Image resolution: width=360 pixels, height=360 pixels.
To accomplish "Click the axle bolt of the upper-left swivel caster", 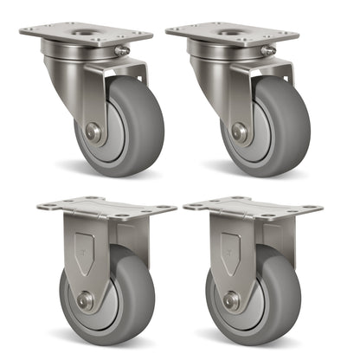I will click(93, 132).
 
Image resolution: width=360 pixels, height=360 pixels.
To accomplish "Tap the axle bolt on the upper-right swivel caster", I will click(240, 132).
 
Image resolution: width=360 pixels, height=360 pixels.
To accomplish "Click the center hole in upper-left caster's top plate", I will click(87, 32).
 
